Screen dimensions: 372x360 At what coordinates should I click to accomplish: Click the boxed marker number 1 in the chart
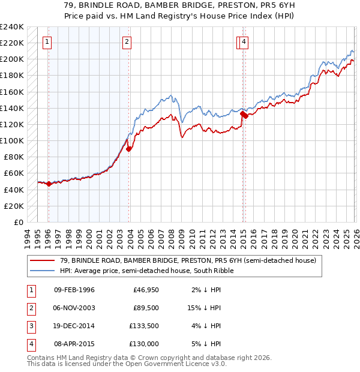point(47,41)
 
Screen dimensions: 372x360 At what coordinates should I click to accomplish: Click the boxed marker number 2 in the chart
point(127,41)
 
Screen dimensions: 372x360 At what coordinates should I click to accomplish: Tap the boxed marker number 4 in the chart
point(245,41)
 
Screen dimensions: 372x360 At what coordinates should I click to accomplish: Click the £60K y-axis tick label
point(14,173)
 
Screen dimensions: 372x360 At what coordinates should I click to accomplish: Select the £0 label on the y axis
point(19,222)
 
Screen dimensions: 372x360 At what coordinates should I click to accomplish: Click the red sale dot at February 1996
point(49,184)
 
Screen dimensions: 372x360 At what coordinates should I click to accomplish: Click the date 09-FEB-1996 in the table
point(74,290)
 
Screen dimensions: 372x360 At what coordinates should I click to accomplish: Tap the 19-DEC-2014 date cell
point(74,326)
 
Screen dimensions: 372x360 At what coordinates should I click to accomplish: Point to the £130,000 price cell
point(144,344)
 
